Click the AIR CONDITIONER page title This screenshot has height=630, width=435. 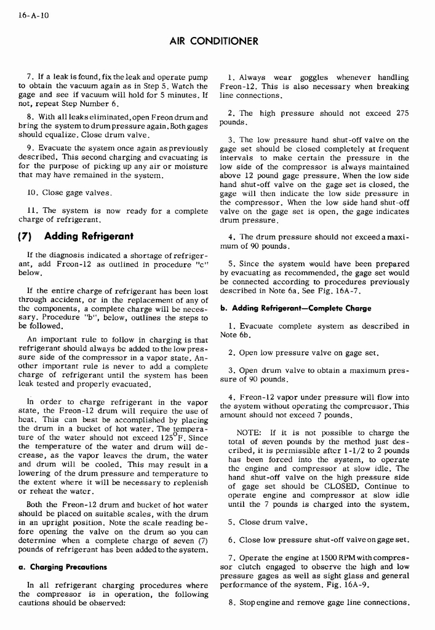coord(212,41)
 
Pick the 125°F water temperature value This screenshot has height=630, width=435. coord(173,439)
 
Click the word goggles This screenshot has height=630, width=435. coord(314,78)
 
